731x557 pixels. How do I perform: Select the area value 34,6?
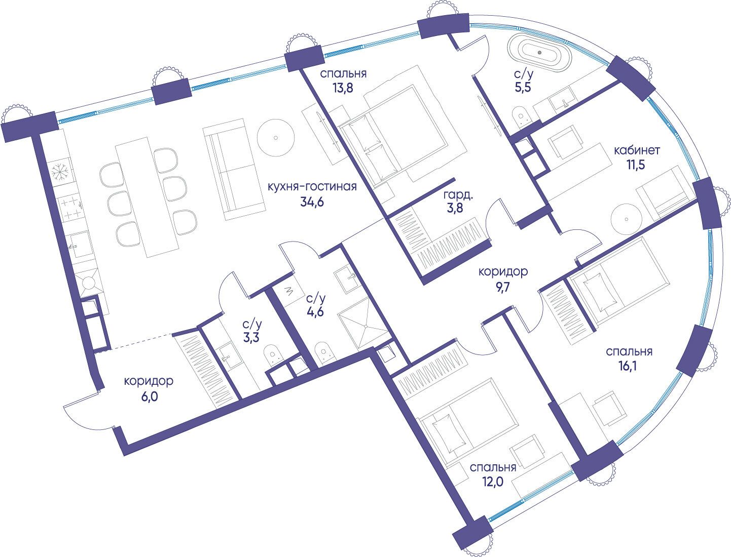click(x=312, y=202)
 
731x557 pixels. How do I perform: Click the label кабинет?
click(x=637, y=150)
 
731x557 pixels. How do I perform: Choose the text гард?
click(x=458, y=195)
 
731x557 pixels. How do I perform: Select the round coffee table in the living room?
click(x=276, y=137)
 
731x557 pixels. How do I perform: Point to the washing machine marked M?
click(x=288, y=292)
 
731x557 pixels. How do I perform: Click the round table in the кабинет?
click(x=627, y=219)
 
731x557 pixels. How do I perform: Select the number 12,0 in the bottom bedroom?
click(x=493, y=481)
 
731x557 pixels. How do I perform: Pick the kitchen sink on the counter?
click(x=80, y=245)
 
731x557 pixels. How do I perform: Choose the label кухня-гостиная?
click(x=312, y=186)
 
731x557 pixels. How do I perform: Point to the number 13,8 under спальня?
click(x=342, y=88)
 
